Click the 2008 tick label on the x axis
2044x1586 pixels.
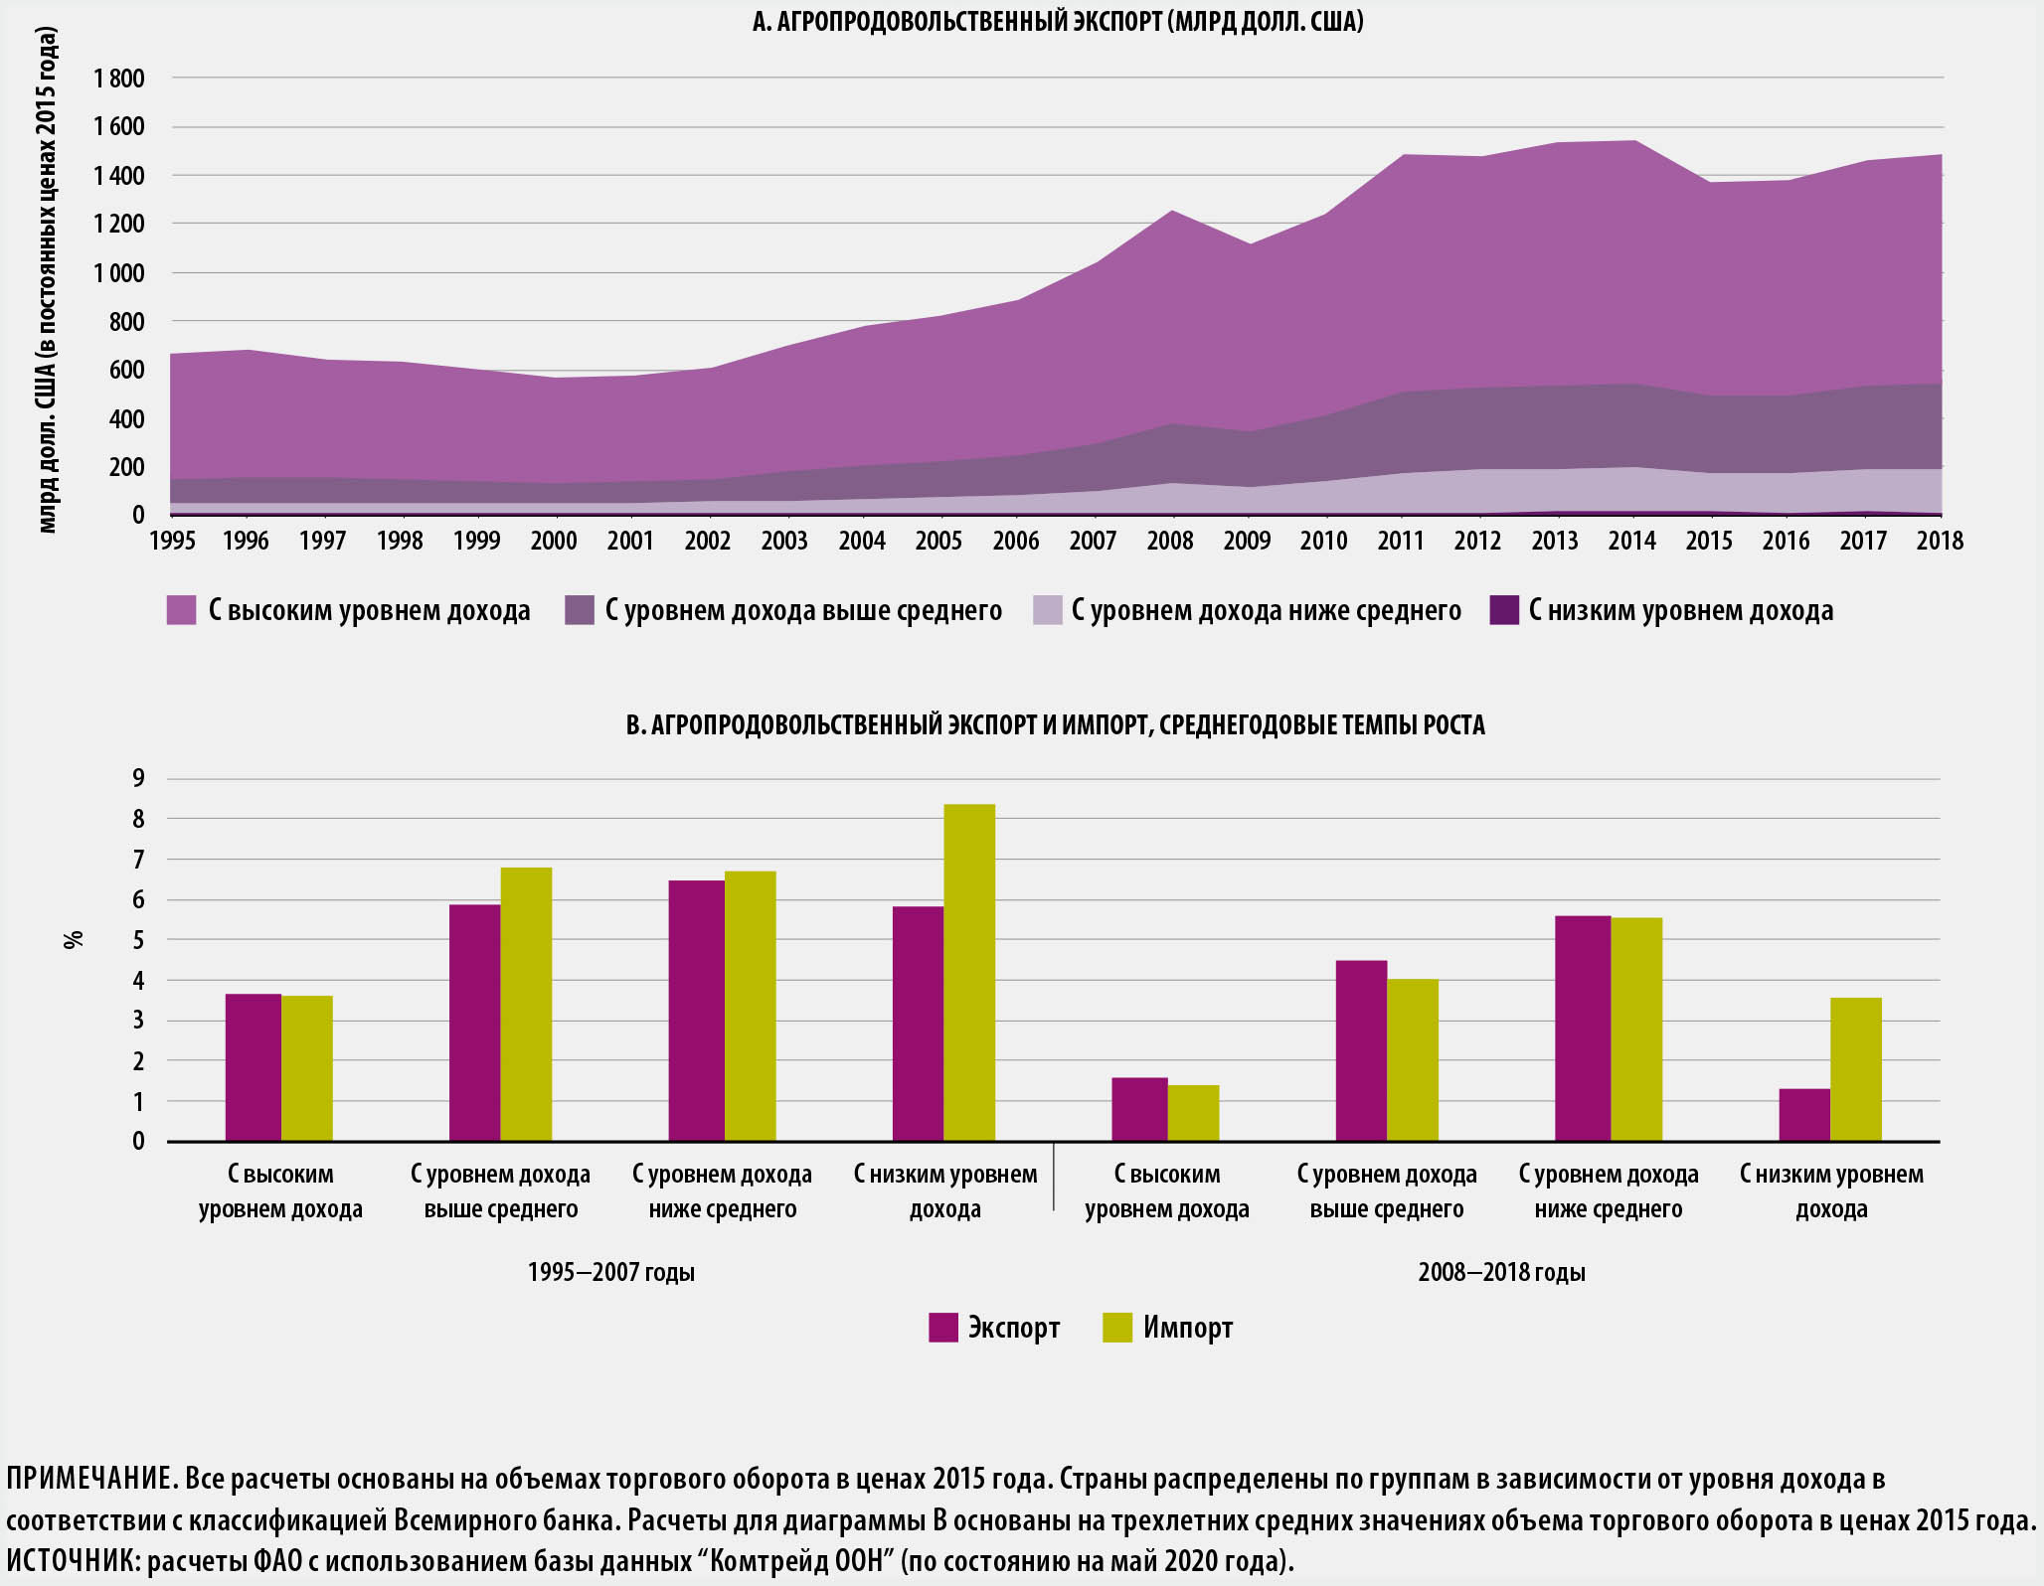[1169, 541]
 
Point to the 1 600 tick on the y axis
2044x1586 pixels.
[118, 127]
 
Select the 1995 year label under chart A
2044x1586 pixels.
[171, 541]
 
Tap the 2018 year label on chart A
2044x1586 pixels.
[1940, 541]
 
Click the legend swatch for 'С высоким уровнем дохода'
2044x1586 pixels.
[181, 610]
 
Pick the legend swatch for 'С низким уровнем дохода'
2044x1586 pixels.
[1504, 610]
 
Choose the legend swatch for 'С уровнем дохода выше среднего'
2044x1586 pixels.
[579, 610]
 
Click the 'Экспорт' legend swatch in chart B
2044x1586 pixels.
[942, 1328]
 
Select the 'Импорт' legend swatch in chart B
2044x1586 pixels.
[1117, 1328]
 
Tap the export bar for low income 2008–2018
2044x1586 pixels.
[1803, 1115]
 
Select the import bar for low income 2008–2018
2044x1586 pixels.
[1855, 1069]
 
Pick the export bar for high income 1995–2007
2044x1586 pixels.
[253, 1067]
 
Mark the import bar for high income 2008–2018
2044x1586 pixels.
[1193, 1113]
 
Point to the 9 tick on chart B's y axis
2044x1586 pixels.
[138, 778]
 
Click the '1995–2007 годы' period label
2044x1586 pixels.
[610, 1272]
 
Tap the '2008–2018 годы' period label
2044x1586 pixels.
[1501, 1272]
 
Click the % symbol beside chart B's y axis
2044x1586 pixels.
[73, 939]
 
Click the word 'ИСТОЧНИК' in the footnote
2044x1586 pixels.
[73, 1562]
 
